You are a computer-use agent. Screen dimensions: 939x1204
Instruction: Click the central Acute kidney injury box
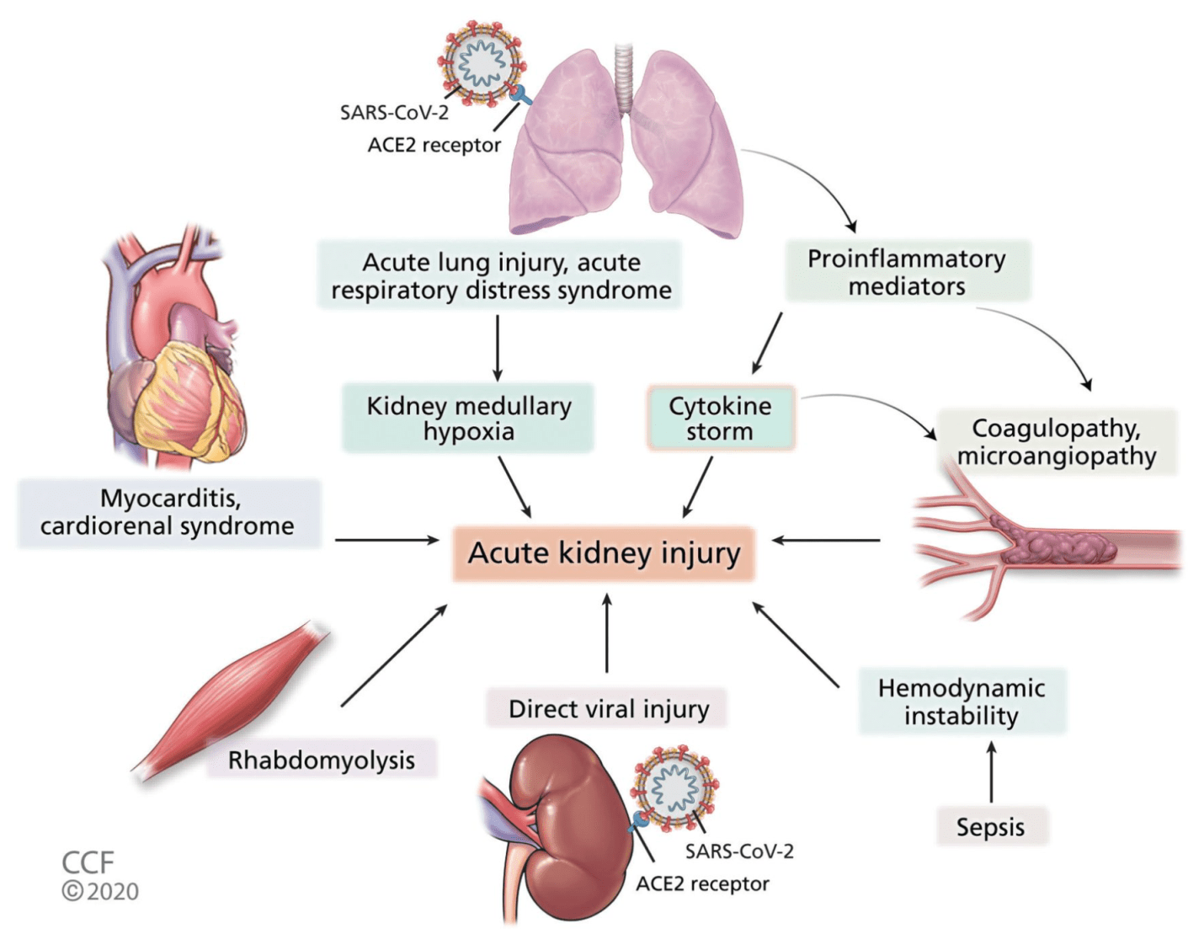pyautogui.click(x=604, y=553)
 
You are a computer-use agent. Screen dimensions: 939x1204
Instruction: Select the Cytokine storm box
pyautogui.click(x=720, y=419)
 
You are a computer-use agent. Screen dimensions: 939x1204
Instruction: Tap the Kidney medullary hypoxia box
pyautogui.click(x=468, y=419)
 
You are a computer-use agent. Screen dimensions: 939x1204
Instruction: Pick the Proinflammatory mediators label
pyautogui.click(x=907, y=271)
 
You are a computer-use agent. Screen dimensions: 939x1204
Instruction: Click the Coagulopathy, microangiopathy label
pyautogui.click(x=1057, y=441)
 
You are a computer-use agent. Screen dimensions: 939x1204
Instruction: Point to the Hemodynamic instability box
pyautogui.click(x=962, y=702)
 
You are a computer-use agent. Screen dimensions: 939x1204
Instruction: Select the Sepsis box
pyautogui.click(x=990, y=826)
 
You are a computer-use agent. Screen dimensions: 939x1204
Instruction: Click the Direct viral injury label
pyautogui.click(x=608, y=708)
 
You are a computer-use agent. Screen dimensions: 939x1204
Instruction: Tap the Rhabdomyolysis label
pyautogui.click(x=322, y=760)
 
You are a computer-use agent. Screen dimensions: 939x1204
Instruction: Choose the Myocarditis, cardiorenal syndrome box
pyautogui.click(x=168, y=512)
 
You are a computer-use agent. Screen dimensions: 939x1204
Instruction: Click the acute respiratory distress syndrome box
pyautogui.click(x=500, y=275)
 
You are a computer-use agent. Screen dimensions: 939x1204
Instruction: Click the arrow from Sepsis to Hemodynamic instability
pyautogui.click(x=991, y=771)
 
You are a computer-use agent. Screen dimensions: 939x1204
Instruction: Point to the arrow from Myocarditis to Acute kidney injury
pyautogui.click(x=386, y=540)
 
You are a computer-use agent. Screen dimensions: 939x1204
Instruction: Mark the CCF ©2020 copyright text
pyautogui.click(x=99, y=877)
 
